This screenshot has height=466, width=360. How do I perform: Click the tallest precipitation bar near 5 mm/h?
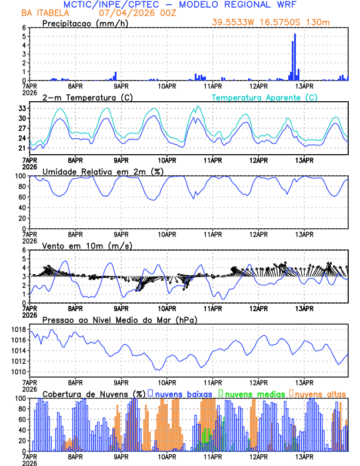(295, 56)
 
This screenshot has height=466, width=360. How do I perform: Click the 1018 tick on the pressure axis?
(18, 329)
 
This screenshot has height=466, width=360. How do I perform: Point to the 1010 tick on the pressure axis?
(18, 372)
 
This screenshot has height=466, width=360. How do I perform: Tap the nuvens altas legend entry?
(319, 393)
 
